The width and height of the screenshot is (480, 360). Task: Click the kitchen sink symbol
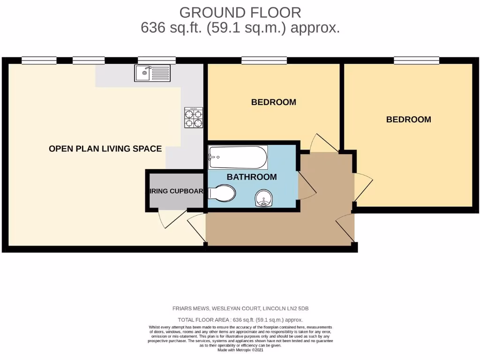[151, 73]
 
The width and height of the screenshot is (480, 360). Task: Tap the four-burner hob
[194, 118]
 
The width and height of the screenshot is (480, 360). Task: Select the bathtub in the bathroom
[238, 157]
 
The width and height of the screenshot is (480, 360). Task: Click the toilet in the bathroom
[222, 193]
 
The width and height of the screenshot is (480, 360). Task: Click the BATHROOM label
[252, 177]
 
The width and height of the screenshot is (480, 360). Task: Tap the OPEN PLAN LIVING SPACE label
[105, 149]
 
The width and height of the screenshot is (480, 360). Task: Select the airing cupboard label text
[176, 191]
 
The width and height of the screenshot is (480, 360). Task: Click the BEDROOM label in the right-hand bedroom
[408, 120]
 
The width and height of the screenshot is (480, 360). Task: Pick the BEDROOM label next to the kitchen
[273, 102]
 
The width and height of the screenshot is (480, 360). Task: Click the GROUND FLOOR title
[240, 12]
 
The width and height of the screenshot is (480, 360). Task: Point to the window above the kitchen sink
[157, 60]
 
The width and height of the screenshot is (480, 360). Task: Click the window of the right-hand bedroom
[416, 60]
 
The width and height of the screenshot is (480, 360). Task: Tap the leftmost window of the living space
[39, 60]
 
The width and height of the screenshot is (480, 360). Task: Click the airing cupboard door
[167, 218]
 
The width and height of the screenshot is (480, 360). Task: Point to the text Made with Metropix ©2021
[240, 350]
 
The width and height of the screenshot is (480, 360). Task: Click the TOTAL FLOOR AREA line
[240, 320]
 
